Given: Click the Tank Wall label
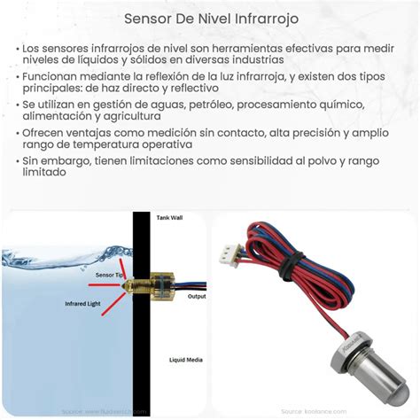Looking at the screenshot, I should (170, 217).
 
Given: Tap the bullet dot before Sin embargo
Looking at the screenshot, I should (19, 161).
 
